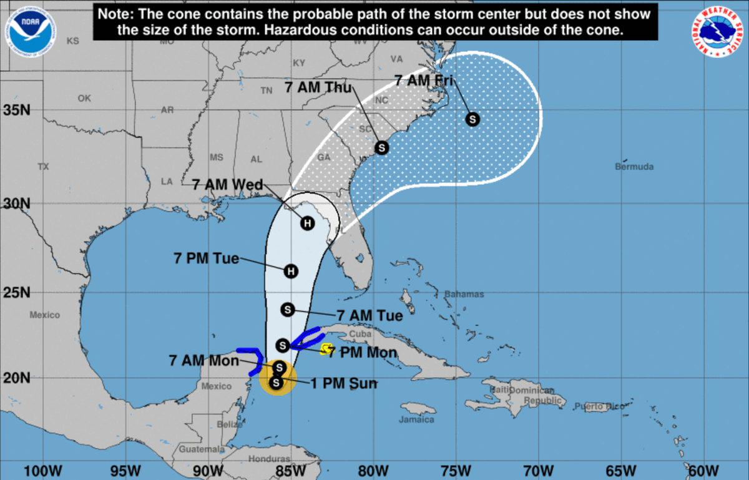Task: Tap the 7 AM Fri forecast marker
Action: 472,119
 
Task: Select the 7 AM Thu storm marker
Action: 381,148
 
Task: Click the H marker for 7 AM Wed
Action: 307,223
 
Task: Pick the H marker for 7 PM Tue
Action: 290,271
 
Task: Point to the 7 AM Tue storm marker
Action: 288,309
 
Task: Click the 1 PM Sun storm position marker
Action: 276,383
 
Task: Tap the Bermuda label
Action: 634,167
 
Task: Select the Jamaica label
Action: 416,419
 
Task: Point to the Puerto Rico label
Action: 599,407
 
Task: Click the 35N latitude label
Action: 17,110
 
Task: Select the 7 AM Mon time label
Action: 203,360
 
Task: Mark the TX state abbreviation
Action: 42,167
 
